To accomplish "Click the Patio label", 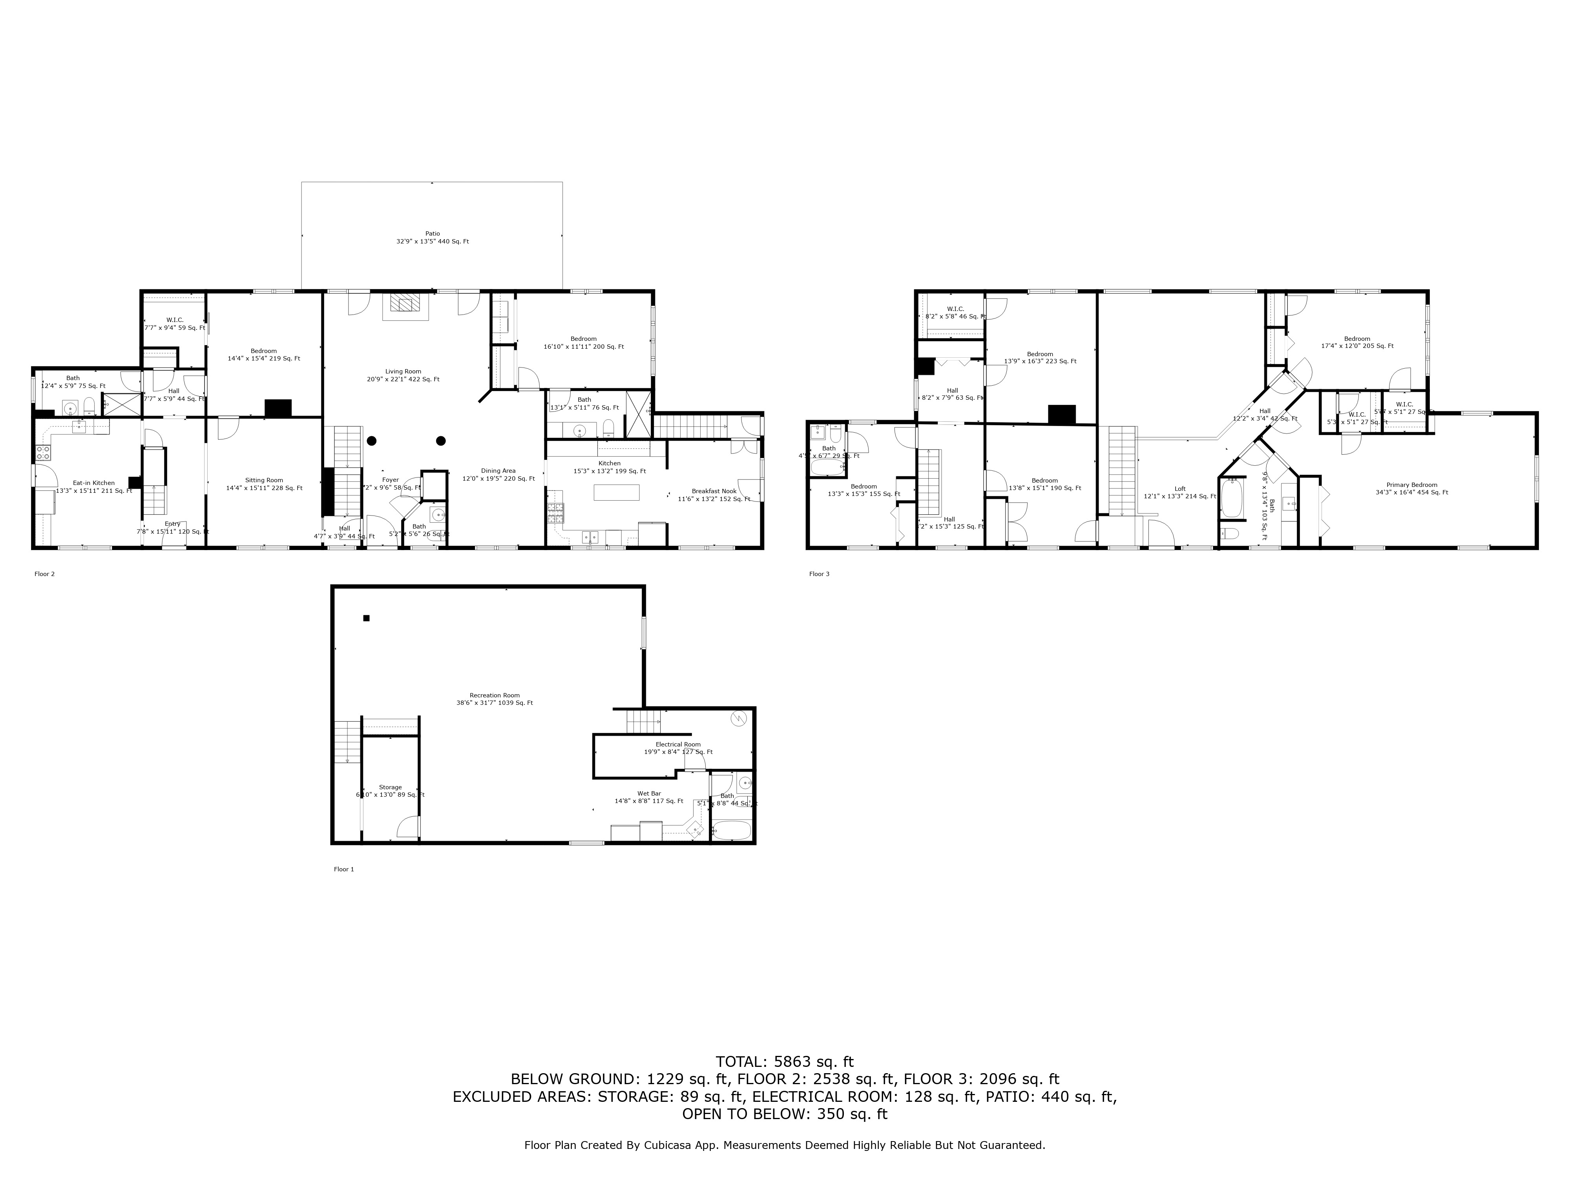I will pos(432,237).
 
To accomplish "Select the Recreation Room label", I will pos(494,699).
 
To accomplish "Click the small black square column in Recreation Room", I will pos(366,618).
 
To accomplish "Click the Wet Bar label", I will pos(649,797).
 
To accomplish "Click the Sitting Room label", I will pos(264,483).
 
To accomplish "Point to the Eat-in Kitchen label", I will pos(94,487).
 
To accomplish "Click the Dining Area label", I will pos(498,474).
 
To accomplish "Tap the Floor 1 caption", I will pos(343,869).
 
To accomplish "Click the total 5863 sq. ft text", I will pos(784,1061).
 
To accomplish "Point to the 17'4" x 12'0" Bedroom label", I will pos(1356,342).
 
